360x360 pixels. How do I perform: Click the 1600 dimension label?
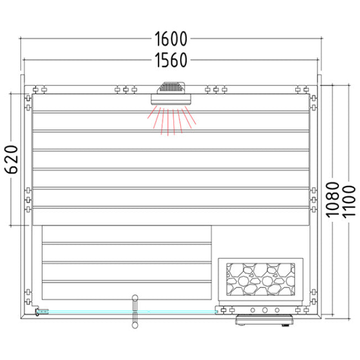click(171, 39)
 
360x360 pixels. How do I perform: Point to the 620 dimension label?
click(13, 160)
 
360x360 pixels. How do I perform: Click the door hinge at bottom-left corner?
click(38, 313)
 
